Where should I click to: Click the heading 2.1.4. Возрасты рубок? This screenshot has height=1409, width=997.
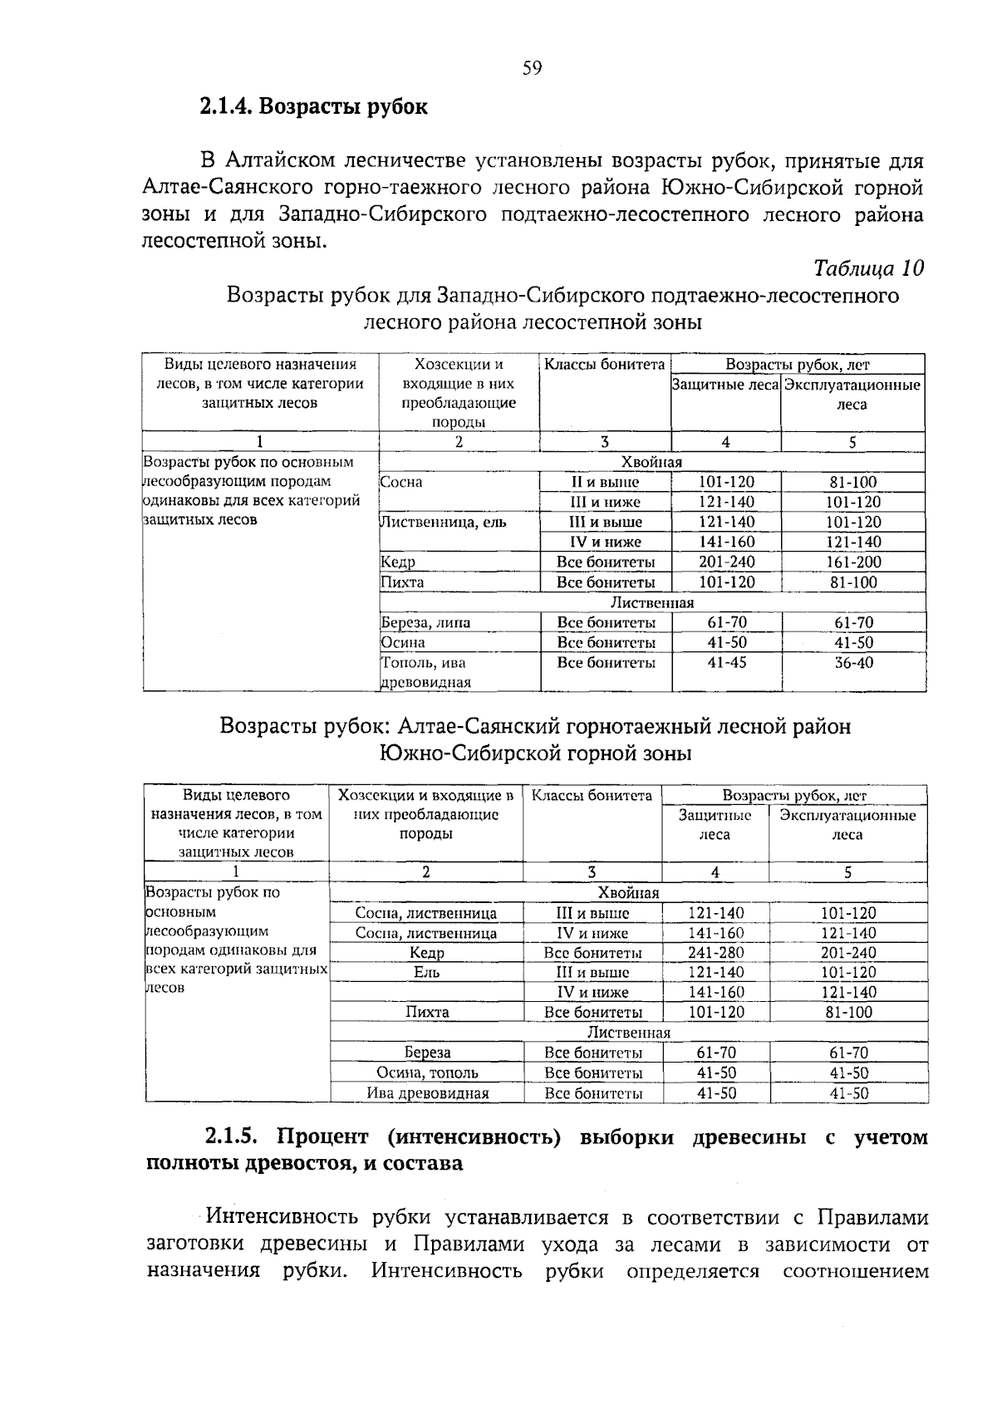tap(313, 107)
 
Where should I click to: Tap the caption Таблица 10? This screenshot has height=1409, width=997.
tap(868, 268)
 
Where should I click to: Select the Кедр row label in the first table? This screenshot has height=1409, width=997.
tap(398, 562)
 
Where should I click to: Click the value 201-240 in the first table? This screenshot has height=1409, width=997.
tap(726, 562)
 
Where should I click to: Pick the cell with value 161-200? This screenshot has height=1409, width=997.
tap(853, 562)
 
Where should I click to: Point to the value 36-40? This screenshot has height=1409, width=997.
tap(853, 663)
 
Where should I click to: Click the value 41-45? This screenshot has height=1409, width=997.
tap(726, 663)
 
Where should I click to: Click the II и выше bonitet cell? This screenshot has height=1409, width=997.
tap(605, 483)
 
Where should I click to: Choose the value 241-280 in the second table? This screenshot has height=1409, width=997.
tap(715, 953)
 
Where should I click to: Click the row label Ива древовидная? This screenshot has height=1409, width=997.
tap(427, 1093)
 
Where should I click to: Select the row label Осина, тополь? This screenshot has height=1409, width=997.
tap(427, 1073)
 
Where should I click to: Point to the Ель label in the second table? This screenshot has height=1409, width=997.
tap(427, 973)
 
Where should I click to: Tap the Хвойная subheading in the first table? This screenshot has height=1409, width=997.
tap(651, 463)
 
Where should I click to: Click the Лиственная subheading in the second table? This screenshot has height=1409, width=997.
tap(628, 1033)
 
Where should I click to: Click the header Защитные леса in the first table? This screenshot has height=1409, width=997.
tap(725, 385)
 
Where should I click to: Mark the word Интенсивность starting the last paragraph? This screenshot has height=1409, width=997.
tap(282, 1218)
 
